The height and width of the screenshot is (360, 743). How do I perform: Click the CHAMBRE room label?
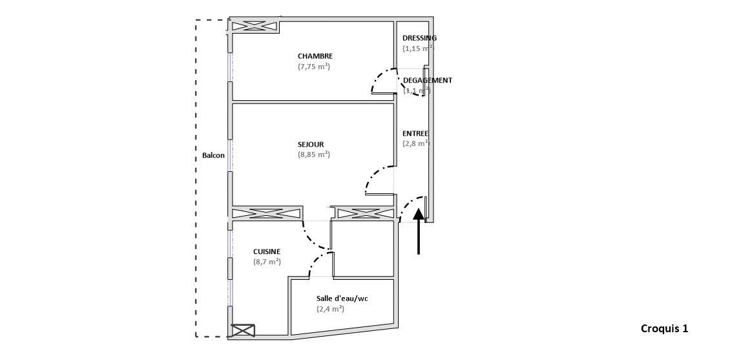pyautogui.click(x=315, y=56)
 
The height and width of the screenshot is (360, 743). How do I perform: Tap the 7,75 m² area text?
pyautogui.click(x=314, y=67)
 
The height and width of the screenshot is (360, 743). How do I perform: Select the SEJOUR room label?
pyautogui.click(x=311, y=144)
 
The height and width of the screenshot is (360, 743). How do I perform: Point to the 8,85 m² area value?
pyautogui.click(x=314, y=154)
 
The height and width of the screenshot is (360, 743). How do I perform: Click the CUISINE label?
pyautogui.click(x=267, y=252)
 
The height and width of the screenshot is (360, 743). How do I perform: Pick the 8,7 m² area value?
pyautogui.click(x=267, y=262)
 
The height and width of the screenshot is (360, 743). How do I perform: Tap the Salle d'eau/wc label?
pyautogui.click(x=342, y=299)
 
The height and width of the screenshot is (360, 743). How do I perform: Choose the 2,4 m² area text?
pyautogui.click(x=330, y=309)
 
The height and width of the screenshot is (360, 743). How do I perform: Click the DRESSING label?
pyautogui.click(x=419, y=38)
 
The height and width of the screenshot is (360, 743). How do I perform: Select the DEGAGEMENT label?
pyautogui.click(x=427, y=81)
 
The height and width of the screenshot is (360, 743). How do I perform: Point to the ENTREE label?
pyautogui.click(x=415, y=134)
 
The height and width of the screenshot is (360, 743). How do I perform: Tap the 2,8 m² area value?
pyautogui.click(x=415, y=144)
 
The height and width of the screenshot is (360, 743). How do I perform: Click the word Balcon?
pyautogui.click(x=213, y=156)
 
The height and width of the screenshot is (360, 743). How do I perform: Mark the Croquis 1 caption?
pyautogui.click(x=664, y=329)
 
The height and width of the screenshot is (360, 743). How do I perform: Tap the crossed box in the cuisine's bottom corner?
pyautogui.click(x=243, y=330)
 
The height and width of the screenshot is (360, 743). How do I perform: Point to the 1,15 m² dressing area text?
pyautogui.click(x=418, y=48)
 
